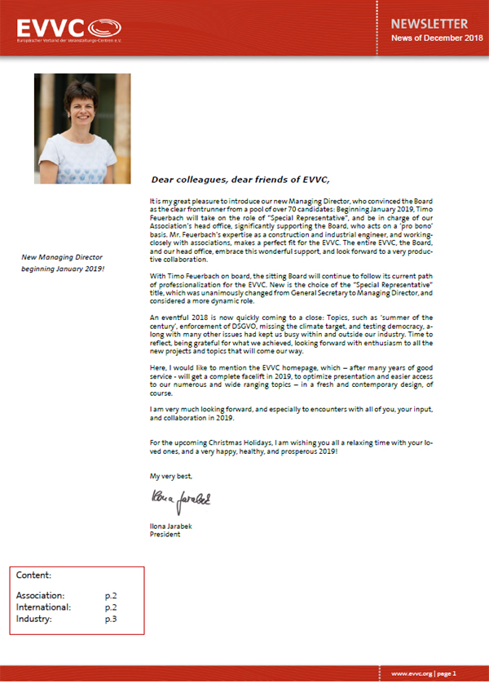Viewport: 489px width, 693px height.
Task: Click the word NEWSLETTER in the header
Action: [429, 24]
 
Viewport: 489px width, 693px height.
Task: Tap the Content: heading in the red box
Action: [33, 575]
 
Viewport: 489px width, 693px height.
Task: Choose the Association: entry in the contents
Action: [41, 596]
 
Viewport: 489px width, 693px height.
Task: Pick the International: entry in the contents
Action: [43, 607]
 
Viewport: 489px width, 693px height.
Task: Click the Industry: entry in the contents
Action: [34, 620]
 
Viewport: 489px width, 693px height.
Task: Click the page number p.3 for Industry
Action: [111, 620]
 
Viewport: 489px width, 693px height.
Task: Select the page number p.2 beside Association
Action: [111, 596]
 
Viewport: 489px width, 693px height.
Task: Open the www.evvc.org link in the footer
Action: [411, 673]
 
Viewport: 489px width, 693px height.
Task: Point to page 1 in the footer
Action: [452, 673]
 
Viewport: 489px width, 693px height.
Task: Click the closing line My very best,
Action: [171, 474]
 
